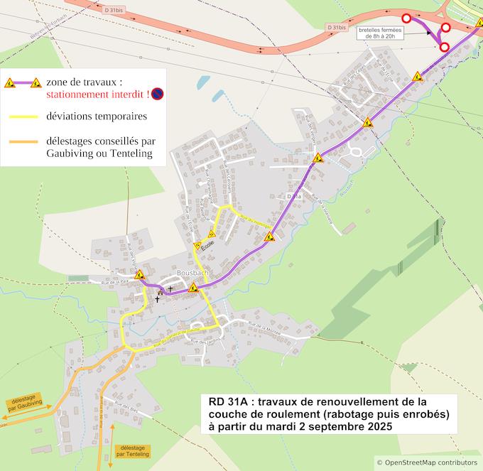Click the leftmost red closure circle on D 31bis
tap(406, 18)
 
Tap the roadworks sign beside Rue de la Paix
tap(139, 274)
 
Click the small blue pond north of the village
tap(202, 82)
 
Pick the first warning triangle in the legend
tap(10, 82)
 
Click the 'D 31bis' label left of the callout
tap(337, 27)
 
